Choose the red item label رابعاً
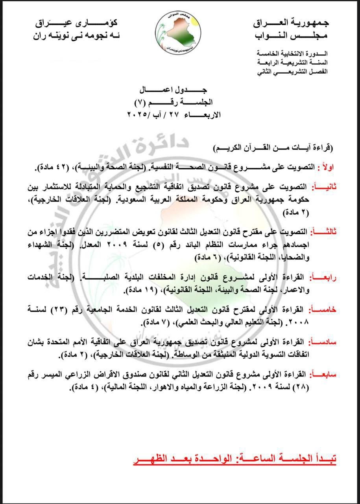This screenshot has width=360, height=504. pos(324,278)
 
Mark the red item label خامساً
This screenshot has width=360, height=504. pos(324,310)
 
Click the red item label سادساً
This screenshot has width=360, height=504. pos(324,342)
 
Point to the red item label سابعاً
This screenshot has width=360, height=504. pos(324,374)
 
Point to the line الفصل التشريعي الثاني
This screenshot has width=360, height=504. pos(292,72)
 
